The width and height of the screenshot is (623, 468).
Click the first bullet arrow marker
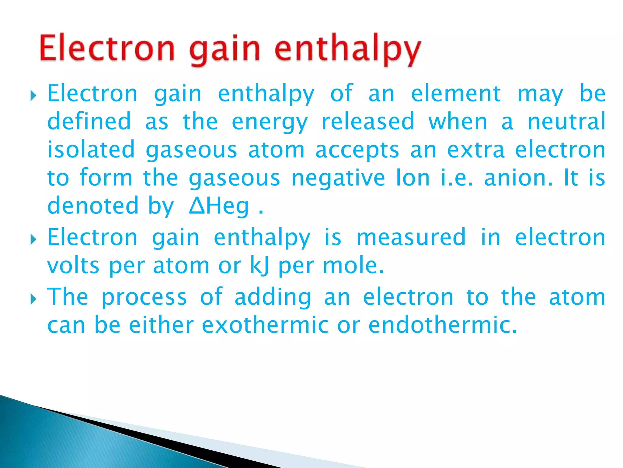coord(33,97)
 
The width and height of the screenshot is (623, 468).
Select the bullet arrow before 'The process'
coord(33,300)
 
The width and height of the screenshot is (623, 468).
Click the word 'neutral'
coord(566,122)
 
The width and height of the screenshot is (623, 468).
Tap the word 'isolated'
coord(91,150)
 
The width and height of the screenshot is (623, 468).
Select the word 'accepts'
coord(357,150)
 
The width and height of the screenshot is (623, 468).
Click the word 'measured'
coord(411,237)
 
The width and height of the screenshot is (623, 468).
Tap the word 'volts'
coord(73,266)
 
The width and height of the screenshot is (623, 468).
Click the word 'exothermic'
coord(265,325)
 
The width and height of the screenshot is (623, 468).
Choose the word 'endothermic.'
coord(443,325)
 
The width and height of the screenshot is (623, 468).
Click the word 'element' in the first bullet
coord(456,94)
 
